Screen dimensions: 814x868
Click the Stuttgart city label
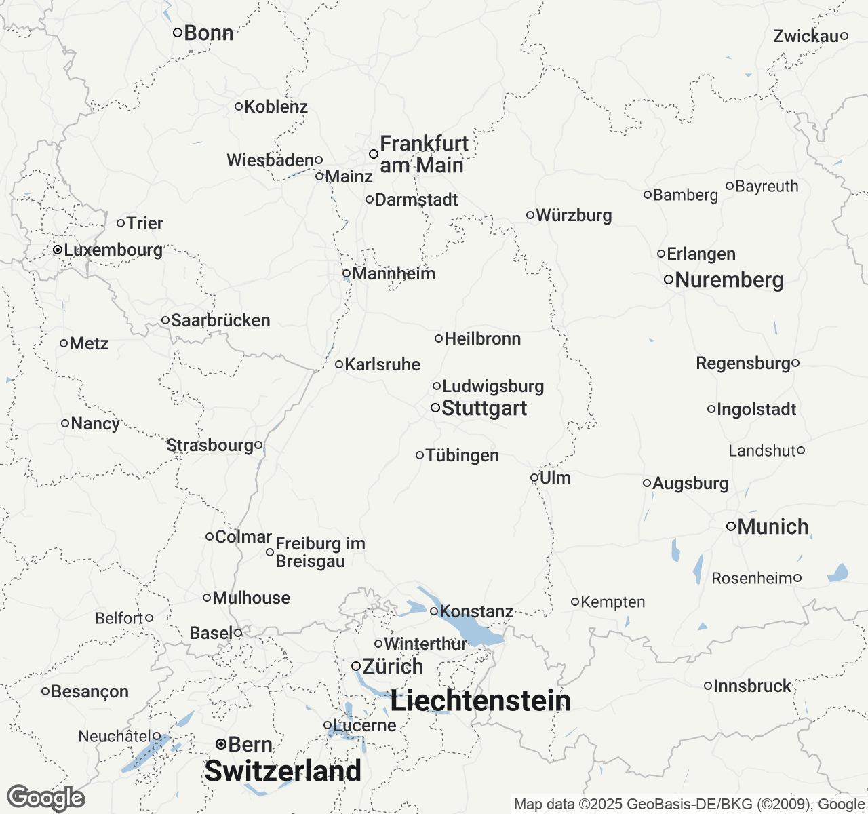pos(484,408)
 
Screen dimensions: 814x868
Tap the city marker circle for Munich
pos(731,526)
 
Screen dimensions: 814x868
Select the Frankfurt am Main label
pos(423,154)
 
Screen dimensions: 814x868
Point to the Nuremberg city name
pos(729,280)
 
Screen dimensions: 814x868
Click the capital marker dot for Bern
pos(221,744)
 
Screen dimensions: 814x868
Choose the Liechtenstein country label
pos(480,701)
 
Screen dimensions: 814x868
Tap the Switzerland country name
pos(283,771)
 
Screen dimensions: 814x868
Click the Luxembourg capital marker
pos(58,250)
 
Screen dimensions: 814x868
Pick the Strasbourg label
pos(210,445)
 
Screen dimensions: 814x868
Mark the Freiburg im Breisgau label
pos(319,552)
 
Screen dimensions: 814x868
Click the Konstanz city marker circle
pos(434,611)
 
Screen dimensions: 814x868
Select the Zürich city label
pos(393,666)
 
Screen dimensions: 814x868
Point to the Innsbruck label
pos(752,686)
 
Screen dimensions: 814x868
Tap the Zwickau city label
pos(806,36)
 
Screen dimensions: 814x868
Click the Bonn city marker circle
pos(177,33)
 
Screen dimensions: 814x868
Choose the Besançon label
pos(90,691)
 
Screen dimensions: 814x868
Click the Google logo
pos(45,798)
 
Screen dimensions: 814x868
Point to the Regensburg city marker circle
pos(795,363)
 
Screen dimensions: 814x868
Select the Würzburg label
pos(574,215)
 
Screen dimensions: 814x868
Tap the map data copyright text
pos(689,805)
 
